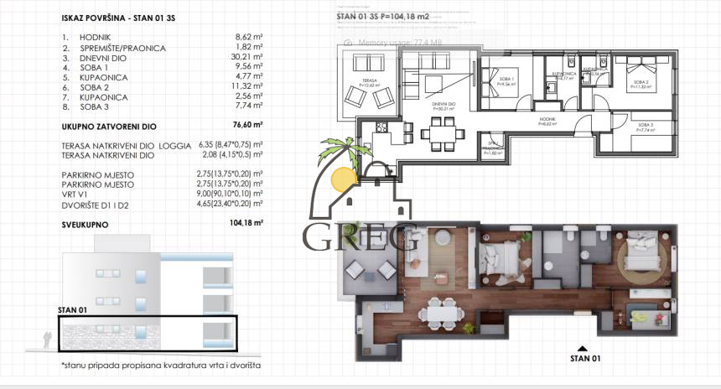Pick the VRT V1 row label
tap(78, 194)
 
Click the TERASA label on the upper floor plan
tap(370, 80)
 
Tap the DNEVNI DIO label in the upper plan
tap(443, 104)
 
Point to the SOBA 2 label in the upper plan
tap(641, 82)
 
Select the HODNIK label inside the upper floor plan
tap(547, 121)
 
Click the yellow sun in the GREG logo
tap(343, 179)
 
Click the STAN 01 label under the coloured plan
tap(585, 359)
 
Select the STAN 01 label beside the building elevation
tap(73, 310)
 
